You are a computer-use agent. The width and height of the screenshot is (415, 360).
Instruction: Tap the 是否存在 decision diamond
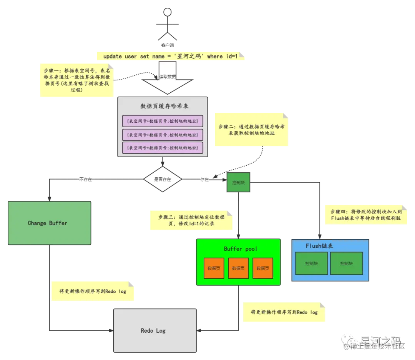pos(162,179)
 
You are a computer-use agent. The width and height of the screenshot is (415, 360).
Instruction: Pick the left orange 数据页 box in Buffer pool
pos(214,268)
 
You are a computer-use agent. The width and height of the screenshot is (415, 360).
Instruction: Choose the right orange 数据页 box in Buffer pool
pos(263,268)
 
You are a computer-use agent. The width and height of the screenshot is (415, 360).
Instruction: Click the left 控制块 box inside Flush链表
pos(312,263)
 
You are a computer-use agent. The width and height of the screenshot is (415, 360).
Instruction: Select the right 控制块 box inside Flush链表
pos(346,263)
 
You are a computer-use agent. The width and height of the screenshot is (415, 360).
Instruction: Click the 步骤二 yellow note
pos(251,130)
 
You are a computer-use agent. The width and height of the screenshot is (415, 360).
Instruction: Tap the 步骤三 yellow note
pos(191,220)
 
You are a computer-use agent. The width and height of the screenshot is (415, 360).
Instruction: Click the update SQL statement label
pos(171,56)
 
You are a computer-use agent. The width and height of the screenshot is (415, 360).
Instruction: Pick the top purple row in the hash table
pos(162,121)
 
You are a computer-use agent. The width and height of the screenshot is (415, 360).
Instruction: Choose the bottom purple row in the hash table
pos(162,148)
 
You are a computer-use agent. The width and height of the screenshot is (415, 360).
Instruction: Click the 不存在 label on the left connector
pos(86,179)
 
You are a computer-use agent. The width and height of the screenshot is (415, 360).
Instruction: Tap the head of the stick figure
pos(167,12)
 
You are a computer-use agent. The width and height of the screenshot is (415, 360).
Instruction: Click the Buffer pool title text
pos(241,249)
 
